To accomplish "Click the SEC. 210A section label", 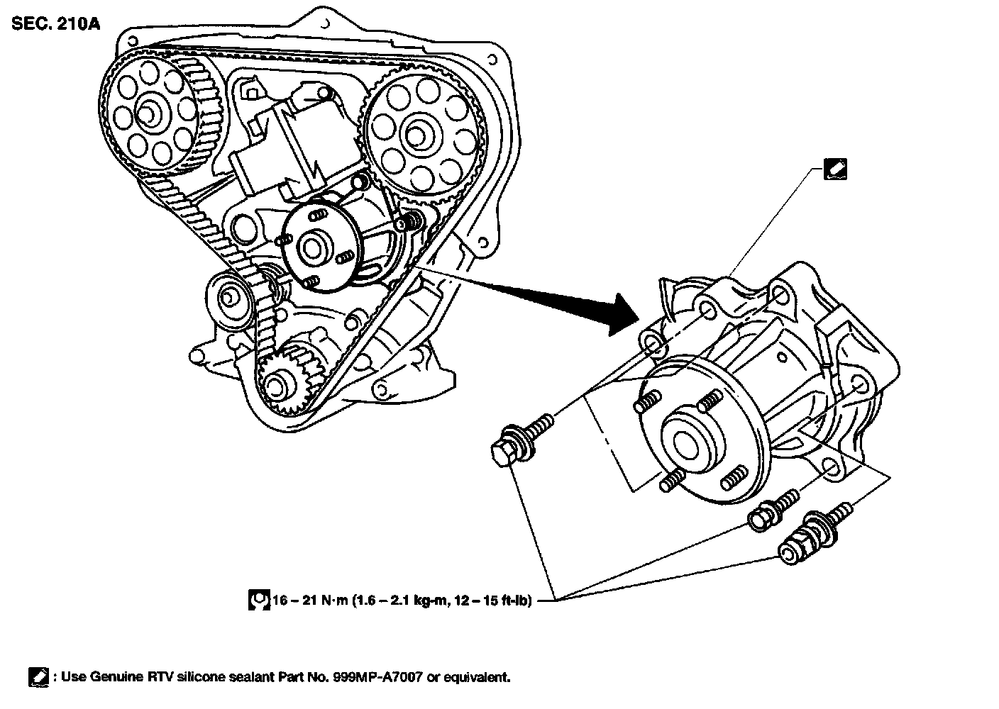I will click(55, 23).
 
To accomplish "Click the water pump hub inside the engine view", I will click(312, 246).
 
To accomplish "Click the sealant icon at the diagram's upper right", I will click(835, 169).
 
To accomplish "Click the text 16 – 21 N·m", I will click(311, 601).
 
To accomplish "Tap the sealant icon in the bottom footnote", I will click(38, 677).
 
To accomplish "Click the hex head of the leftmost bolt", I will click(502, 453).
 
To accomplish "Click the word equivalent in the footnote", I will click(477, 677).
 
